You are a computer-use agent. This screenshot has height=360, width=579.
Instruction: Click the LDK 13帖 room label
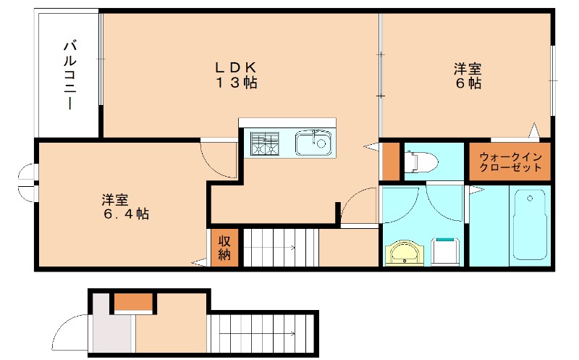[235, 75]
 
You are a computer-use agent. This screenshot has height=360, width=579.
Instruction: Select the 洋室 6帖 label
[468, 75]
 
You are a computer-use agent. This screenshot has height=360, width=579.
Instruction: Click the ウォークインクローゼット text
[510, 162]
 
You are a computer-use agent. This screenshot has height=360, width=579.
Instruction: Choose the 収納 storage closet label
[224, 247]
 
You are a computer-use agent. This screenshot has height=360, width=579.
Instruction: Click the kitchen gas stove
[265, 143]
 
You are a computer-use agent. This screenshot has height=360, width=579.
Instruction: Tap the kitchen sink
[313, 143]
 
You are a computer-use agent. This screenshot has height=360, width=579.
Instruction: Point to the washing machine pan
[445, 251]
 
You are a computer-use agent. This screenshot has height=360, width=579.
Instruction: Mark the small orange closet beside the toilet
[390, 162]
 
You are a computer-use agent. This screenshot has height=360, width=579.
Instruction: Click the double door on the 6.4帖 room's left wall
[28, 185]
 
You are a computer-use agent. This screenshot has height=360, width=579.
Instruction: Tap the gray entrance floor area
[112, 334]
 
